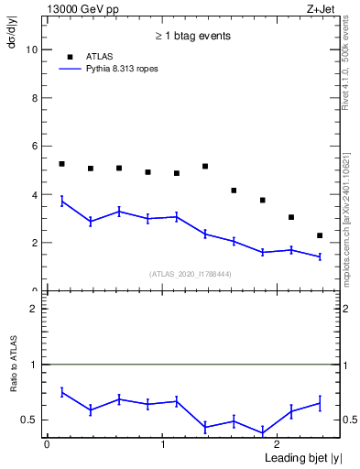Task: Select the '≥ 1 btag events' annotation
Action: click(x=192, y=36)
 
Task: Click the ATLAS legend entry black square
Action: click(x=70, y=57)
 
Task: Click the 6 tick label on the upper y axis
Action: click(x=35, y=147)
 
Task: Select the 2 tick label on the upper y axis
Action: click(x=35, y=243)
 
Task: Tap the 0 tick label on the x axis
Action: click(x=47, y=443)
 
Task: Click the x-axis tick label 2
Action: click(x=278, y=443)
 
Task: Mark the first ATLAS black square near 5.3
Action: click(x=61, y=164)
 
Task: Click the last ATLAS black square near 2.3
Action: click(x=320, y=235)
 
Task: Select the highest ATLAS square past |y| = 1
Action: click(x=205, y=166)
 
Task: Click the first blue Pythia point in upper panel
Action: click(x=61, y=201)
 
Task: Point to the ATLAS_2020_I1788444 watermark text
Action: click(x=191, y=274)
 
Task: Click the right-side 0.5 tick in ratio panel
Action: click(x=349, y=420)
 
